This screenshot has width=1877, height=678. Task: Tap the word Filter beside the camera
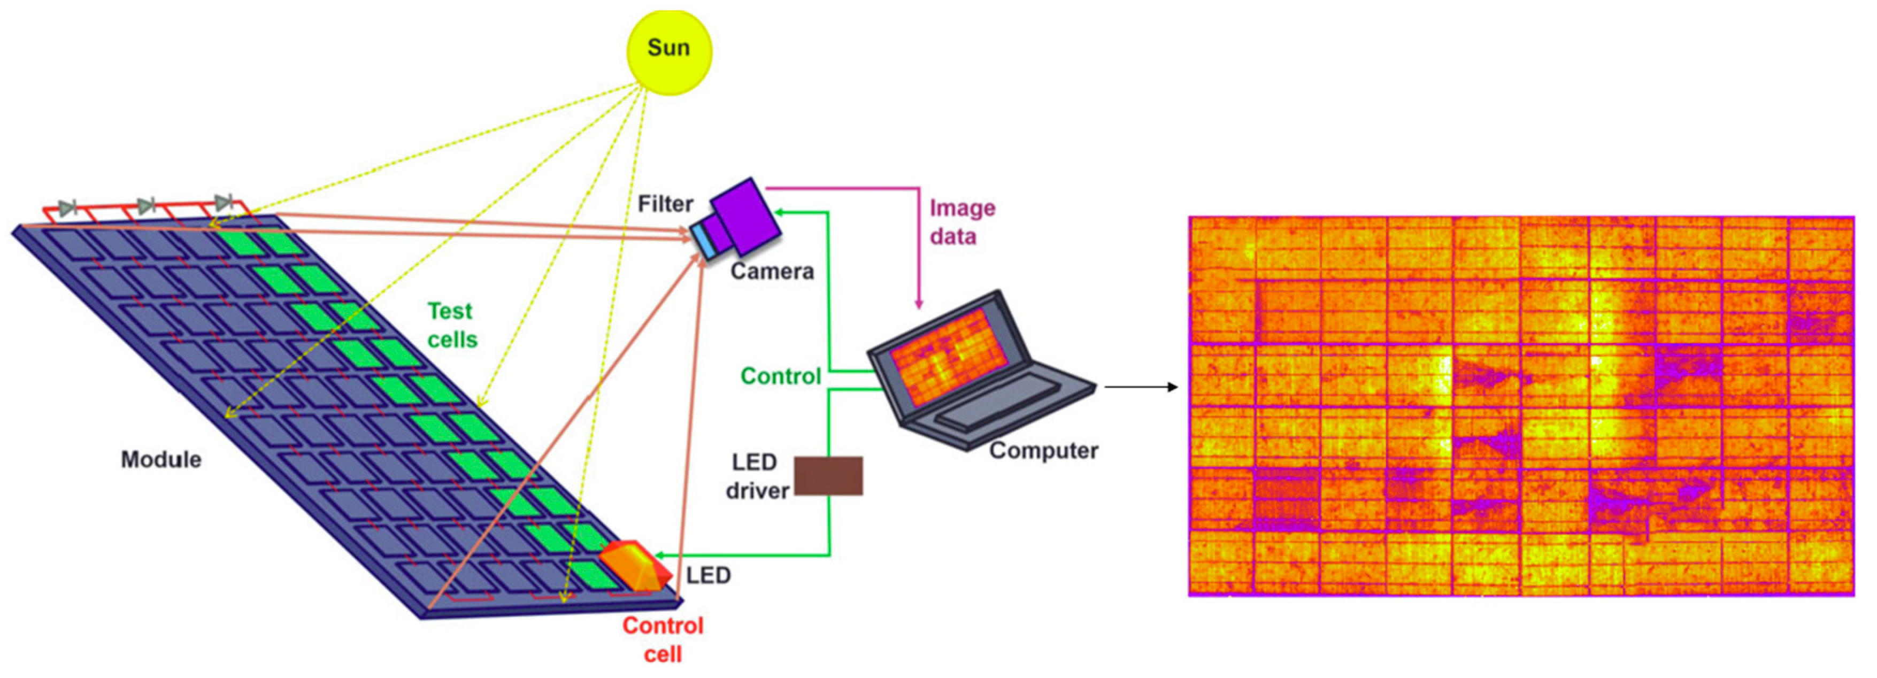click(665, 204)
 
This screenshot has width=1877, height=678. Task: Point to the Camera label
click(772, 272)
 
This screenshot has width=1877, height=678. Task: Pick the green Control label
click(780, 376)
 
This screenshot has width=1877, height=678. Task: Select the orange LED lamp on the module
click(634, 565)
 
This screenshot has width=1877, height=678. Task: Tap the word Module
click(160, 459)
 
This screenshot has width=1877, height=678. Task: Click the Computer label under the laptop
click(1043, 451)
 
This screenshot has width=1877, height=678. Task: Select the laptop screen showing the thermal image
click(947, 357)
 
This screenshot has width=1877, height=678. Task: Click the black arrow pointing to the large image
click(1140, 387)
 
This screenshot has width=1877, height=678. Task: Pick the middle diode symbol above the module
click(146, 206)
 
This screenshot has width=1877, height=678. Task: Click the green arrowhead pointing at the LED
click(659, 556)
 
